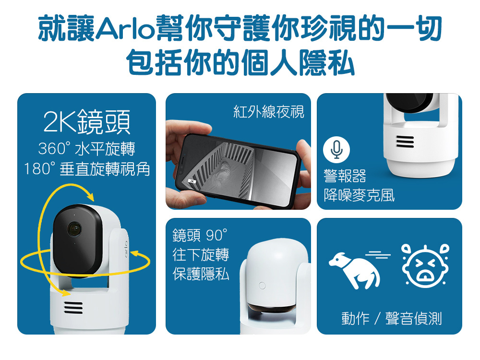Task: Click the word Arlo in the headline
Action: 125,28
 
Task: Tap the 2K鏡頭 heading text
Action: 87,122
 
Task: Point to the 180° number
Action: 40,168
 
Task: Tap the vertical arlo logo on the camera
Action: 125,249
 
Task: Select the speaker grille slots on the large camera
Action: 73,307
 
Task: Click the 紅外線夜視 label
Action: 268,111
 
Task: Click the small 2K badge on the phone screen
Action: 192,181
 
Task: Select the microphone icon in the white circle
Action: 336,150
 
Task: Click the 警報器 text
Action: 345,176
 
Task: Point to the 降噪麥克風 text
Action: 359,195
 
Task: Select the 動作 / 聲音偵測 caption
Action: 392,318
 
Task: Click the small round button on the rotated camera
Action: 262,286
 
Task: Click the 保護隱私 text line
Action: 201,274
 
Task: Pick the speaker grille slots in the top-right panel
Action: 405,142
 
